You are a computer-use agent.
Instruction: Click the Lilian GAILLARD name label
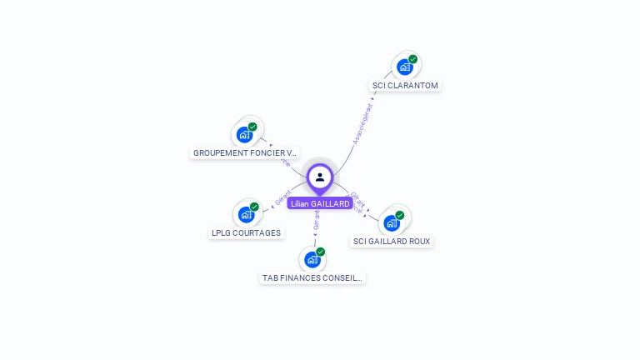(320, 203)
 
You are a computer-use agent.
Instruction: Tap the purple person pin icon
(320, 177)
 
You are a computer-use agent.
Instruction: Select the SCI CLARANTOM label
(405, 85)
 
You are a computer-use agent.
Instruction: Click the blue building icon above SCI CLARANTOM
(404, 67)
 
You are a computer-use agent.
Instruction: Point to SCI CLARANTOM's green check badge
(412, 59)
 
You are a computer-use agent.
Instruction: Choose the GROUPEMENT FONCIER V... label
(245, 153)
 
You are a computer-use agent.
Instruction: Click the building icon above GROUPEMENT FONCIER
(244, 134)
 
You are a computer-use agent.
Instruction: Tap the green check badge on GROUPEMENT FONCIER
(252, 127)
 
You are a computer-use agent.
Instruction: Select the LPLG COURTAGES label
(246, 233)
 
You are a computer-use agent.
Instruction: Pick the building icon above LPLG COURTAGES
(246, 215)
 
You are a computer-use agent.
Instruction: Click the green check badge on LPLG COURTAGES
(254, 207)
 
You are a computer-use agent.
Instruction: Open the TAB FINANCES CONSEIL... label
(312, 278)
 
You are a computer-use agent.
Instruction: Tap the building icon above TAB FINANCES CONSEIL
(312, 260)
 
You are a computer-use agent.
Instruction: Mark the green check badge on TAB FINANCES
(320, 252)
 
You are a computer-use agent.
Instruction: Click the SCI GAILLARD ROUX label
(392, 242)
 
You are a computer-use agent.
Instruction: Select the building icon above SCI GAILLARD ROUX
(391, 223)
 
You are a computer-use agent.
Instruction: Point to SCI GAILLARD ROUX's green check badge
(399, 215)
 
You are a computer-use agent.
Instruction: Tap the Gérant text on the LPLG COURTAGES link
(282, 198)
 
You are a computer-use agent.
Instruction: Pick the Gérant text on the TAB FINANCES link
(316, 220)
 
